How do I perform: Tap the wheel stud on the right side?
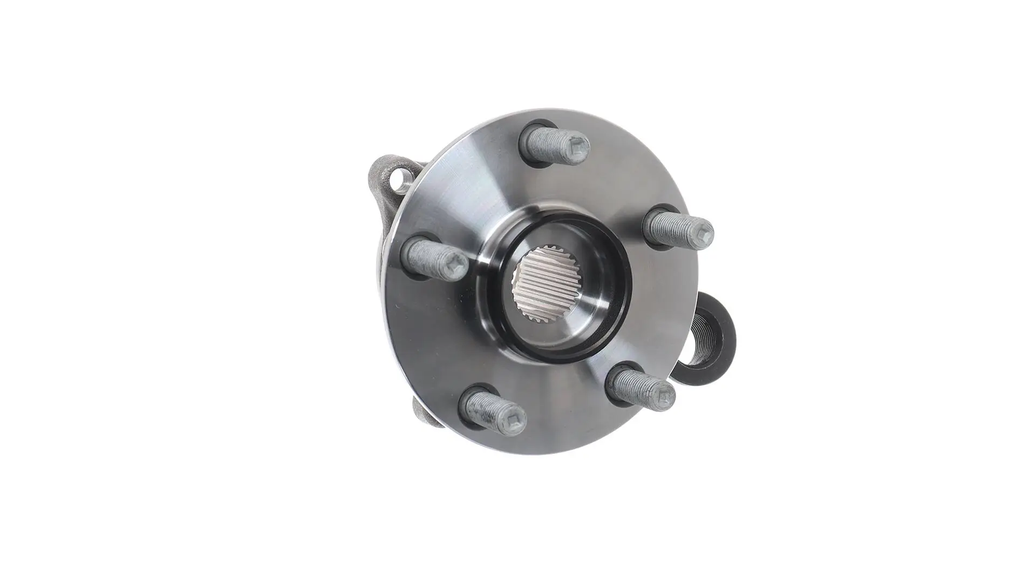tap(679, 227)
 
